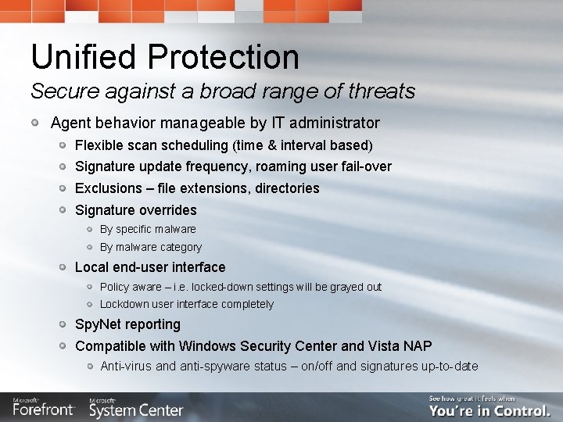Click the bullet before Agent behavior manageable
coord(36,123)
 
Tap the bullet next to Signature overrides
coord(62,210)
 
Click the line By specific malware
coord(148,229)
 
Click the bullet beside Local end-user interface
coord(62,267)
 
